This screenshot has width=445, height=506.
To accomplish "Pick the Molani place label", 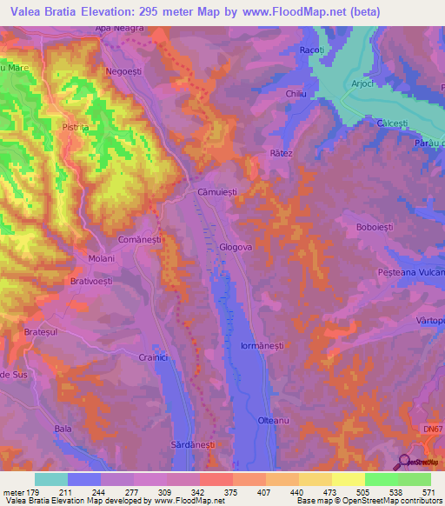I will [102, 258].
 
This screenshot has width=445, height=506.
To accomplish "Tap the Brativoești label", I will [93, 282].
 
